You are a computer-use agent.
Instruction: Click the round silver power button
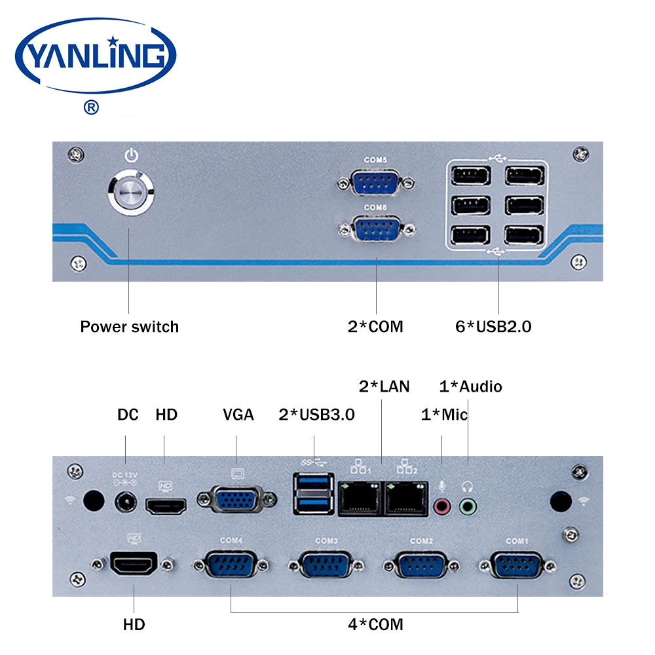pyautogui.click(x=131, y=192)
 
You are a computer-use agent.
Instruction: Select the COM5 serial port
pyautogui.click(x=375, y=183)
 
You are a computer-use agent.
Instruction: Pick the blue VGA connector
pyautogui.click(x=236, y=499)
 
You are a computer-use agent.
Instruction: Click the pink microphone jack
pyautogui.click(x=442, y=507)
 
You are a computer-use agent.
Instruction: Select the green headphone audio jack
pyautogui.click(x=468, y=507)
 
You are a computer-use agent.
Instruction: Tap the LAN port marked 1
pyautogui.click(x=360, y=498)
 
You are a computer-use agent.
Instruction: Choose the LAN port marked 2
pyautogui.click(x=407, y=498)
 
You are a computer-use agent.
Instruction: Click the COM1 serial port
pyautogui.click(x=517, y=565)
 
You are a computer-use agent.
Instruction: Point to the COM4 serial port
pyautogui.click(x=231, y=565)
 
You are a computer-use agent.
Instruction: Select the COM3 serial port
pyautogui.click(x=326, y=565)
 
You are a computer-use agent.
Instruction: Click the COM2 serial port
pyautogui.click(x=421, y=565)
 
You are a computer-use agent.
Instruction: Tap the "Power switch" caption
pyautogui.click(x=130, y=327)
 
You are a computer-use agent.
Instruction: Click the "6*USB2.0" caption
pyautogui.click(x=493, y=327)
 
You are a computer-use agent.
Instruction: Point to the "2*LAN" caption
pyautogui.click(x=384, y=386)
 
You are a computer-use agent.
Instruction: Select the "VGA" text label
pyautogui.click(x=238, y=415)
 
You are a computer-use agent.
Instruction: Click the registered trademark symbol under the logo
pyautogui.click(x=91, y=107)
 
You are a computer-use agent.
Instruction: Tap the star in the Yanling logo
pyautogui.click(x=113, y=41)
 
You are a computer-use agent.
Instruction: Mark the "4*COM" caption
pyautogui.click(x=375, y=624)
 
